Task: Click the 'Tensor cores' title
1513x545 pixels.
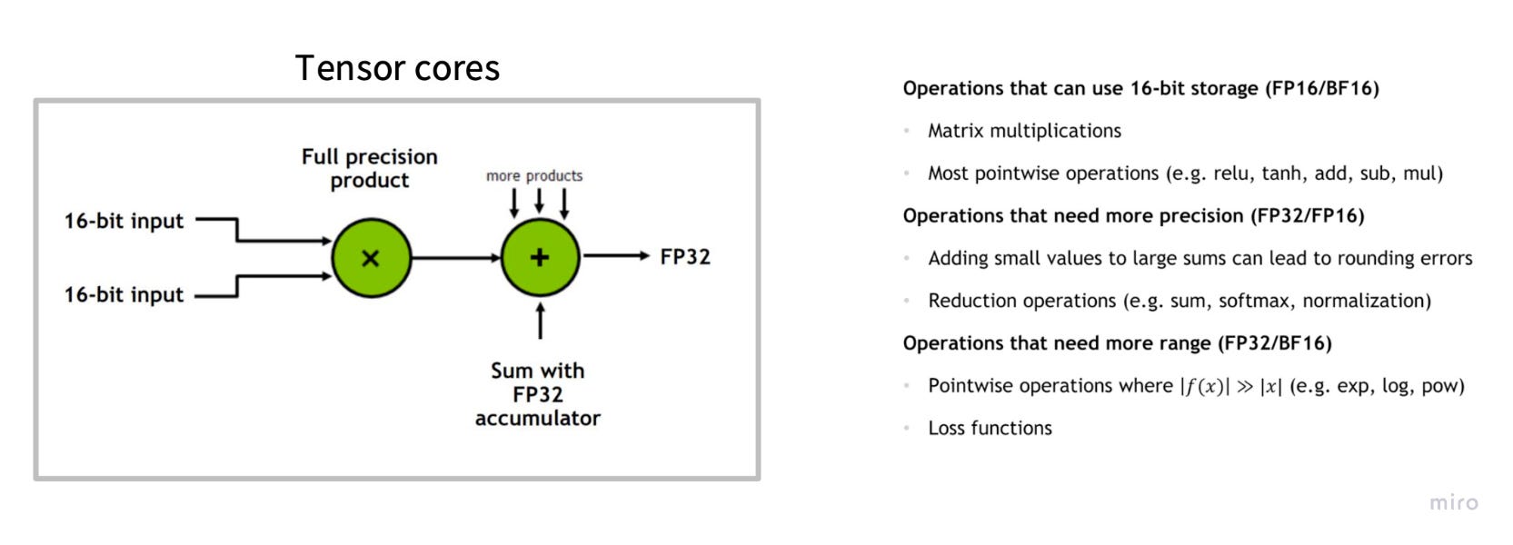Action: [397, 68]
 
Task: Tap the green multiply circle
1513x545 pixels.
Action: [371, 258]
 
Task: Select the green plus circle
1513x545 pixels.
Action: [540, 257]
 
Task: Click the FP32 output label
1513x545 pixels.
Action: [685, 257]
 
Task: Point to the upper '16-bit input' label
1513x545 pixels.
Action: [124, 221]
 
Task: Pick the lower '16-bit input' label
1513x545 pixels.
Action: [124, 294]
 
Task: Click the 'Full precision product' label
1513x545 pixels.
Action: [370, 168]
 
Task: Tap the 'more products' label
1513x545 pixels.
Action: [534, 175]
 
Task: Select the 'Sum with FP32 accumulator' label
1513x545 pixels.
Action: [538, 394]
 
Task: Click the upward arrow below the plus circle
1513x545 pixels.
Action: [541, 321]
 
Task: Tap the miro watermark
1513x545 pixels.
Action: [1453, 502]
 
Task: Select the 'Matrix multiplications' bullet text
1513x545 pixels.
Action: [1024, 131]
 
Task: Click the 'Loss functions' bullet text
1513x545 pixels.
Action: [990, 428]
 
